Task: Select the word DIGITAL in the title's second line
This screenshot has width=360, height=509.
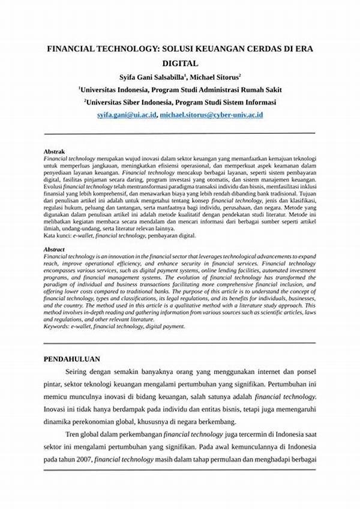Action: coord(179,62)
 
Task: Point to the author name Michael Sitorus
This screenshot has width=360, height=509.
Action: coord(215,77)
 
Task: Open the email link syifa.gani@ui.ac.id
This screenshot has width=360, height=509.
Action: coord(126,114)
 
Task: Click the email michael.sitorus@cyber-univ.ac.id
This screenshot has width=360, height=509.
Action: coord(211,114)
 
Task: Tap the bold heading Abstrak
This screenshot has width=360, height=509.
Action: coord(55,151)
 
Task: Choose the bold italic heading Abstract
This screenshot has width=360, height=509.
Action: coord(55,249)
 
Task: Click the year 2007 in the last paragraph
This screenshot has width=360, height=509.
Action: coord(82,459)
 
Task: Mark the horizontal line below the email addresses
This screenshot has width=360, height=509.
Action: coord(179,133)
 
